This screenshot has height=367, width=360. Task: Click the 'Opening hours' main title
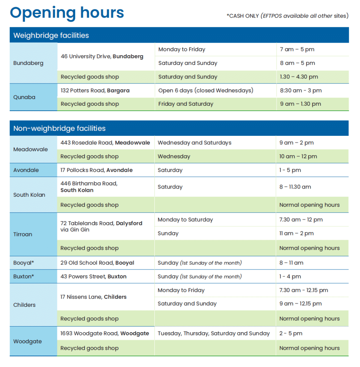[67, 13]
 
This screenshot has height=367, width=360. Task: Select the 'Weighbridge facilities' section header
[51, 35]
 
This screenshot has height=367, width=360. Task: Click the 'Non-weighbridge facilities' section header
[59, 128]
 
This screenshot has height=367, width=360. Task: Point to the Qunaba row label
[24, 97]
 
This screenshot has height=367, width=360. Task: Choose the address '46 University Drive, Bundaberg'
[102, 56]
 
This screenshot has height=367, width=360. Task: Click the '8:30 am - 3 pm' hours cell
[301, 90]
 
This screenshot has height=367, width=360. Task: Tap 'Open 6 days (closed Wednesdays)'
[206, 90]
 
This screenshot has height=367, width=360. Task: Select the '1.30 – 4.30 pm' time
[299, 77]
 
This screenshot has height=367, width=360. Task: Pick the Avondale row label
[26, 170]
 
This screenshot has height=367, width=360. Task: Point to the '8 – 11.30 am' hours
[295, 187]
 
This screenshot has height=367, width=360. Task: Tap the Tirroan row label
[23, 234]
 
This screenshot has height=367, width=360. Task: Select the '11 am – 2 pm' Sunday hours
[296, 233]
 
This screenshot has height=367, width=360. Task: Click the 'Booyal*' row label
[24, 263]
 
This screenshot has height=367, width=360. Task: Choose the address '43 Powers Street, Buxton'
[93, 277]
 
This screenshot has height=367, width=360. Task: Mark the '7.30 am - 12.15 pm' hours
[303, 290]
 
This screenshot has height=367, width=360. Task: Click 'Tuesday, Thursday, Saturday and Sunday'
[213, 333]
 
